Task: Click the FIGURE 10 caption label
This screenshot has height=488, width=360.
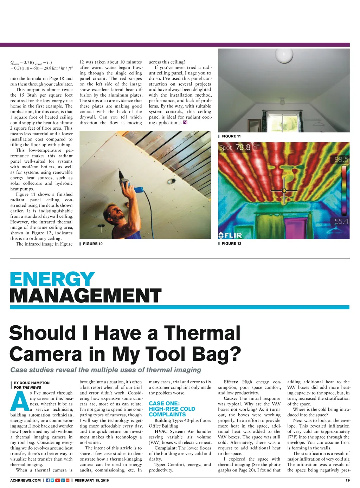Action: pyautogui.click(x=92, y=244)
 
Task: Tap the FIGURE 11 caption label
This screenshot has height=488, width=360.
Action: pyautogui.click(x=231, y=136)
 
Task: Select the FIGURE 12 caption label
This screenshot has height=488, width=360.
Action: pyautogui.click(x=231, y=243)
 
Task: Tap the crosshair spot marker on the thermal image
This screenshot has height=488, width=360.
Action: pyautogui.click(x=284, y=191)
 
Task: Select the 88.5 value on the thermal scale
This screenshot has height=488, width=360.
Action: pyautogui.click(x=341, y=160)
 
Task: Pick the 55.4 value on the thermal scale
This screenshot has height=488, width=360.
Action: pyautogui.click(x=341, y=222)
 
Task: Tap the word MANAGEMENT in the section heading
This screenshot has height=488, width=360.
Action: pyautogui.click(x=85, y=295)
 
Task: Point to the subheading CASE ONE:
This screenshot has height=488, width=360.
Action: pyautogui.click(x=164, y=403)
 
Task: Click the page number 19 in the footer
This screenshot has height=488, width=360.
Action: pyautogui.click(x=347, y=480)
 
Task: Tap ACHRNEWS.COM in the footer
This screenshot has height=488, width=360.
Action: pyautogui.click(x=25, y=480)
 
